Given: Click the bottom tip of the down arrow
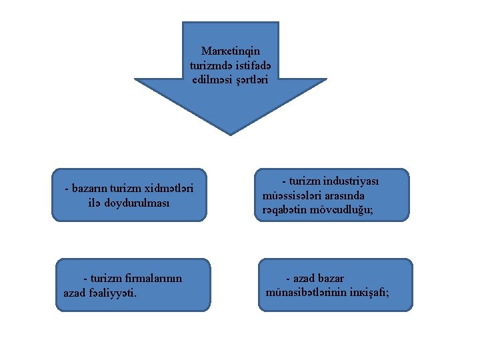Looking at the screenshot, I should tap(231, 134).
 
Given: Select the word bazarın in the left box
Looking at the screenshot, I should tap(90, 188).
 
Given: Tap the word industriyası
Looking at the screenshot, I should tap(351, 181).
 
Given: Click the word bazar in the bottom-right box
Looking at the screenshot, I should tap(330, 278).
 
